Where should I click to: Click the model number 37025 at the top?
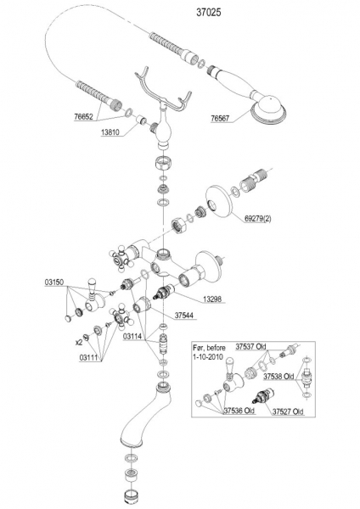click(x=209, y=13)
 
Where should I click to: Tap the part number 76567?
click(x=220, y=119)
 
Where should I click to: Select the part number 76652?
click(x=83, y=116)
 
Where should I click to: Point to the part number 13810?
click(x=110, y=132)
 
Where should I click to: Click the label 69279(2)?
click(x=257, y=219)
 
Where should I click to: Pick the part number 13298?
click(x=212, y=299)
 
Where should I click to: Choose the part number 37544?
click(x=184, y=316)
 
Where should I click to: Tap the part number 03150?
click(x=54, y=282)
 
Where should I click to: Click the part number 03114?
click(x=132, y=337)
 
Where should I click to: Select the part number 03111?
click(x=89, y=357)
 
